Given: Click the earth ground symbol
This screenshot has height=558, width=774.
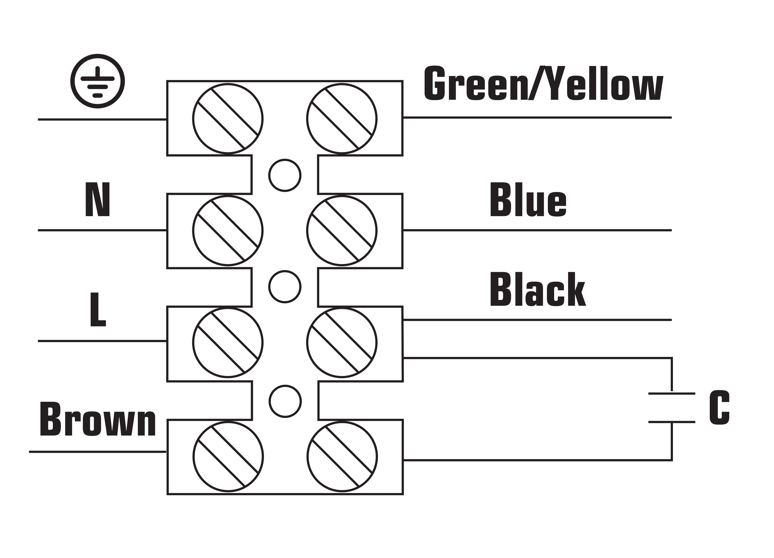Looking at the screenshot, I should point(98,81).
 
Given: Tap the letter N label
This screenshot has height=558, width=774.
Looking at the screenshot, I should point(98,199).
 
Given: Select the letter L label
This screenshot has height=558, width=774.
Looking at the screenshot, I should point(98,309).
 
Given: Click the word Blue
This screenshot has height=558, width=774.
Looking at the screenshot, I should point(528,199).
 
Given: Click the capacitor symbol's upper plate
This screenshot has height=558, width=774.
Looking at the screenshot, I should point(672,394).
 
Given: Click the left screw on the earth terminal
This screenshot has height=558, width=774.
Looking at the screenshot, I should point(228,118).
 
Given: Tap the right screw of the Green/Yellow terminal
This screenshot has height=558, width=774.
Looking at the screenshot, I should point(342,118).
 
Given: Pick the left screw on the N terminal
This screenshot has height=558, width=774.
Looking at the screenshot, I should point(228,230).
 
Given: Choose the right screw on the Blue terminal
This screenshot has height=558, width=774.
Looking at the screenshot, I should point(342,230).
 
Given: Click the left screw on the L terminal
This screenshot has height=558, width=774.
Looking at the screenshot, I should point(228,343).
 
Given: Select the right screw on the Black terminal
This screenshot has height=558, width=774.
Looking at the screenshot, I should point(342,343).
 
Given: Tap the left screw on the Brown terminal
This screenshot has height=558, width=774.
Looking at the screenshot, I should point(228,457).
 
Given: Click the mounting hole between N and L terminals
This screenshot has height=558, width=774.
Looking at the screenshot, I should point(285,287).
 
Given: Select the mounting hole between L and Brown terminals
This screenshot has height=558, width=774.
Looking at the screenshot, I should point(285,402).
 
